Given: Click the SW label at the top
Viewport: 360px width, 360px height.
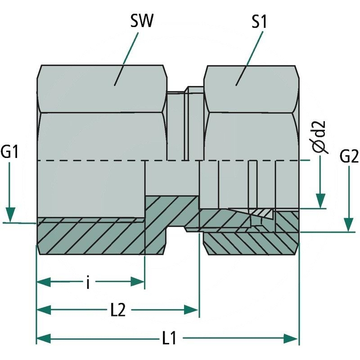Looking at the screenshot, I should pyautogui.click(x=142, y=21).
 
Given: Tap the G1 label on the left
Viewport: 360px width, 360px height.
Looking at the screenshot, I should pyautogui.click(x=10, y=153).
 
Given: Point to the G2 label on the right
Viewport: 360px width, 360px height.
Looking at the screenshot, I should pyautogui.click(x=349, y=157).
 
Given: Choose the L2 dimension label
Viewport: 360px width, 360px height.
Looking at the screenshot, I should pyautogui.click(x=117, y=310).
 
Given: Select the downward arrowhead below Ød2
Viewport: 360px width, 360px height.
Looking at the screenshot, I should pyautogui.click(x=320, y=200).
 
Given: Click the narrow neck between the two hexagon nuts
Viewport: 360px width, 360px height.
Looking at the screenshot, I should pyautogui.click(x=185, y=126).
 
